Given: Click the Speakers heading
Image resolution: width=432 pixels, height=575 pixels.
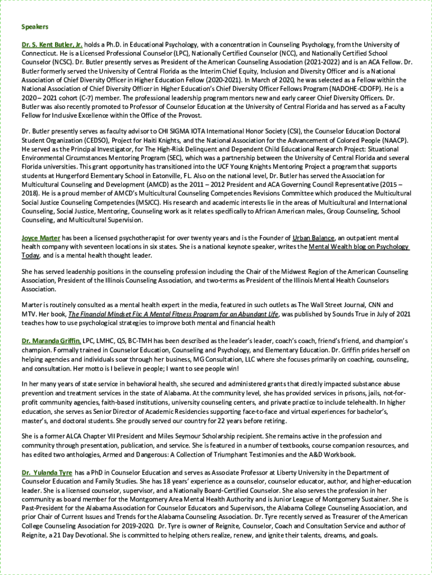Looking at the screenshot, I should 35,27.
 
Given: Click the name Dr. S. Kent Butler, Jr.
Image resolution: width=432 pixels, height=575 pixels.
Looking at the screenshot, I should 52,44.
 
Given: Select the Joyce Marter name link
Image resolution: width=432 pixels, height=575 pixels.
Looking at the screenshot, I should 40,238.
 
